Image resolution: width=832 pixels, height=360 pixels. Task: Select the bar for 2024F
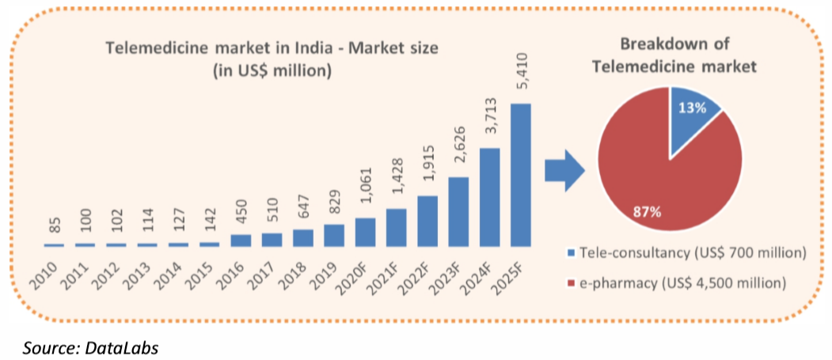pos(489,197)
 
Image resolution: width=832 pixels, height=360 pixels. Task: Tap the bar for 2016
pos(241,240)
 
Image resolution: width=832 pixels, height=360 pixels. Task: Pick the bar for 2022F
pos(427,221)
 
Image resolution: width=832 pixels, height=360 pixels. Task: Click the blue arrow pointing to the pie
pos(564,171)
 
